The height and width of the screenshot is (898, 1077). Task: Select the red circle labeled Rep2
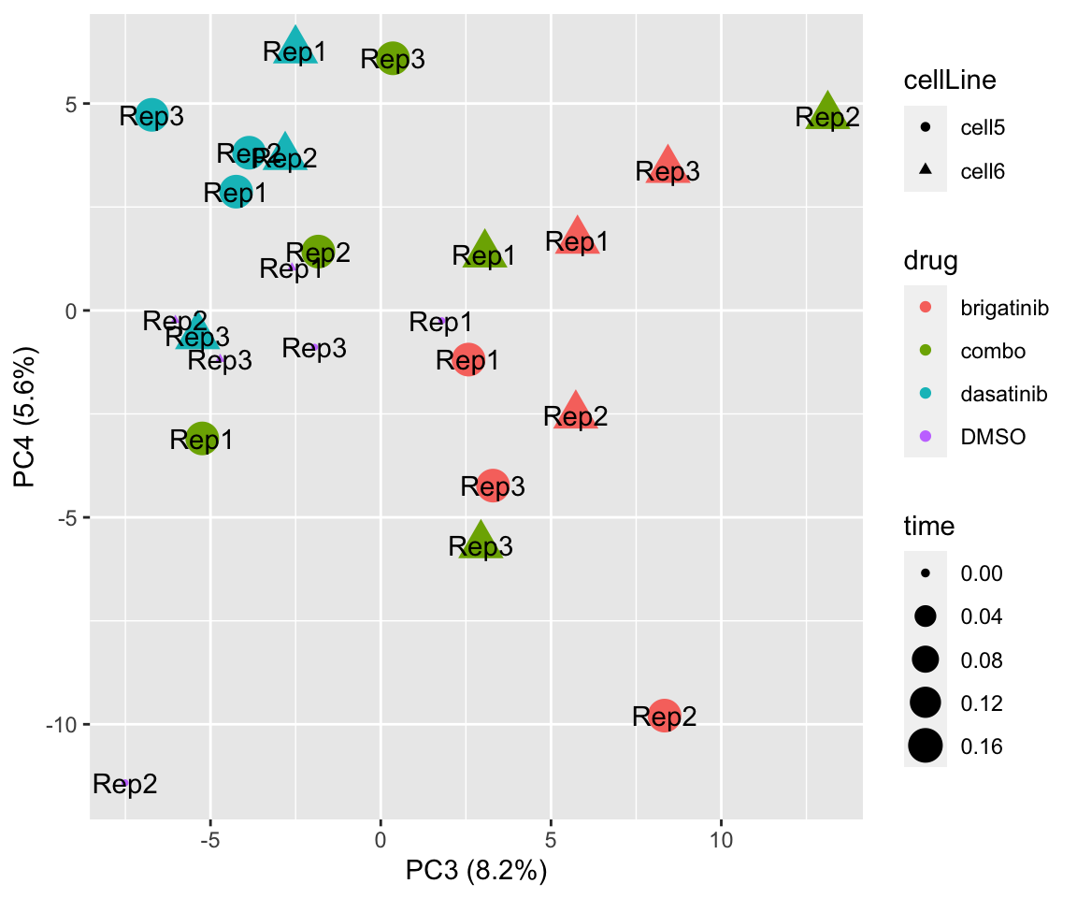click(x=664, y=717)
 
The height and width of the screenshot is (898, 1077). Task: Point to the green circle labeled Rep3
click(x=393, y=58)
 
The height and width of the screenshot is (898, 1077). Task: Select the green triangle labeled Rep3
click(x=481, y=543)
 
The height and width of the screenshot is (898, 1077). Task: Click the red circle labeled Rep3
click(x=493, y=485)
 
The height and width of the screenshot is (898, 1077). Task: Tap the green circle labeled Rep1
click(x=202, y=438)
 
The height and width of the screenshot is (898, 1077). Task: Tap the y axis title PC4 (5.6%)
click(x=25, y=418)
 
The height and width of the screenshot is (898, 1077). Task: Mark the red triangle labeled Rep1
click(x=577, y=238)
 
